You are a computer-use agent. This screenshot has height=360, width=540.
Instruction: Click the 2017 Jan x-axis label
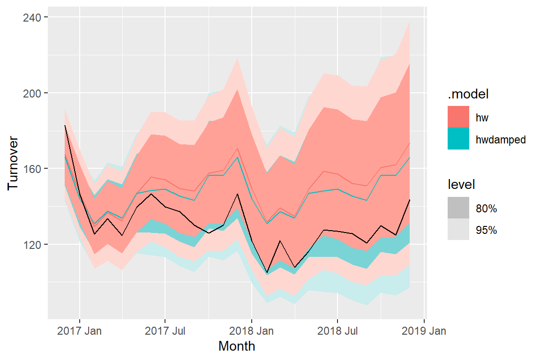click(79, 331)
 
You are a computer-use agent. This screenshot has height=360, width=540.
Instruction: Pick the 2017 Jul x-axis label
click(165, 331)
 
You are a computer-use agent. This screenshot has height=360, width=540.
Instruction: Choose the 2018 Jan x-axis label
click(252, 331)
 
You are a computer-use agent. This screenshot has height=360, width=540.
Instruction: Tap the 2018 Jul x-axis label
click(337, 331)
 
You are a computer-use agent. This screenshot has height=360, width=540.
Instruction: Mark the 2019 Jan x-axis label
click(424, 331)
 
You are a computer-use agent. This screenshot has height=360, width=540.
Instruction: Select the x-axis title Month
click(237, 346)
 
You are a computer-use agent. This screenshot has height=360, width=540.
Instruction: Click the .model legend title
click(468, 94)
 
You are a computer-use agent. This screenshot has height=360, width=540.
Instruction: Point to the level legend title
click(461, 185)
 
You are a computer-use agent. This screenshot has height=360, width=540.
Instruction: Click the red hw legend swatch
click(458, 117)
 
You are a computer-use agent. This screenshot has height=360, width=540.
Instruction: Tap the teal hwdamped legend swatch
click(458, 139)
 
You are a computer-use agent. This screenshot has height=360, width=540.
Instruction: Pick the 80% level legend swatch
click(458, 208)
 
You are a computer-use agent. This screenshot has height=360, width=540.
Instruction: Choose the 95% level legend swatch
click(458, 230)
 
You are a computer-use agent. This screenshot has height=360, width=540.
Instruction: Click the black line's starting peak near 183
click(65, 126)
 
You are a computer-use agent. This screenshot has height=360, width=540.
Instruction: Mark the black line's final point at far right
click(410, 200)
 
